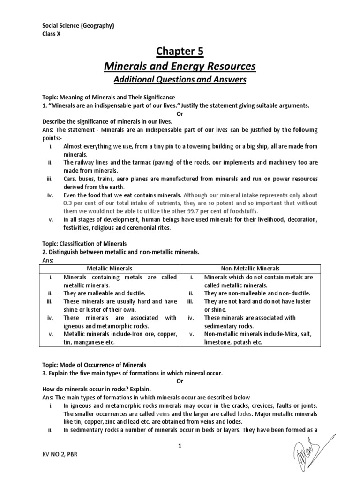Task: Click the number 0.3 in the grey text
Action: (x=68, y=202)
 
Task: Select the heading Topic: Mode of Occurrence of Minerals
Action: (x=94, y=365)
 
